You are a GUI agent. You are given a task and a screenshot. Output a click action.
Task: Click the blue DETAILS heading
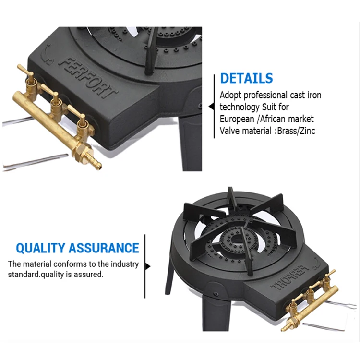(x=246, y=78)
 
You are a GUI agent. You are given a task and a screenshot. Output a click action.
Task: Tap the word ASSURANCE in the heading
(x=104, y=248)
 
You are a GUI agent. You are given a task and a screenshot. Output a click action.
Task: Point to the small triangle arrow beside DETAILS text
(x=211, y=107)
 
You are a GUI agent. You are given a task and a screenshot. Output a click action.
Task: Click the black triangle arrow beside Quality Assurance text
(x=148, y=266)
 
